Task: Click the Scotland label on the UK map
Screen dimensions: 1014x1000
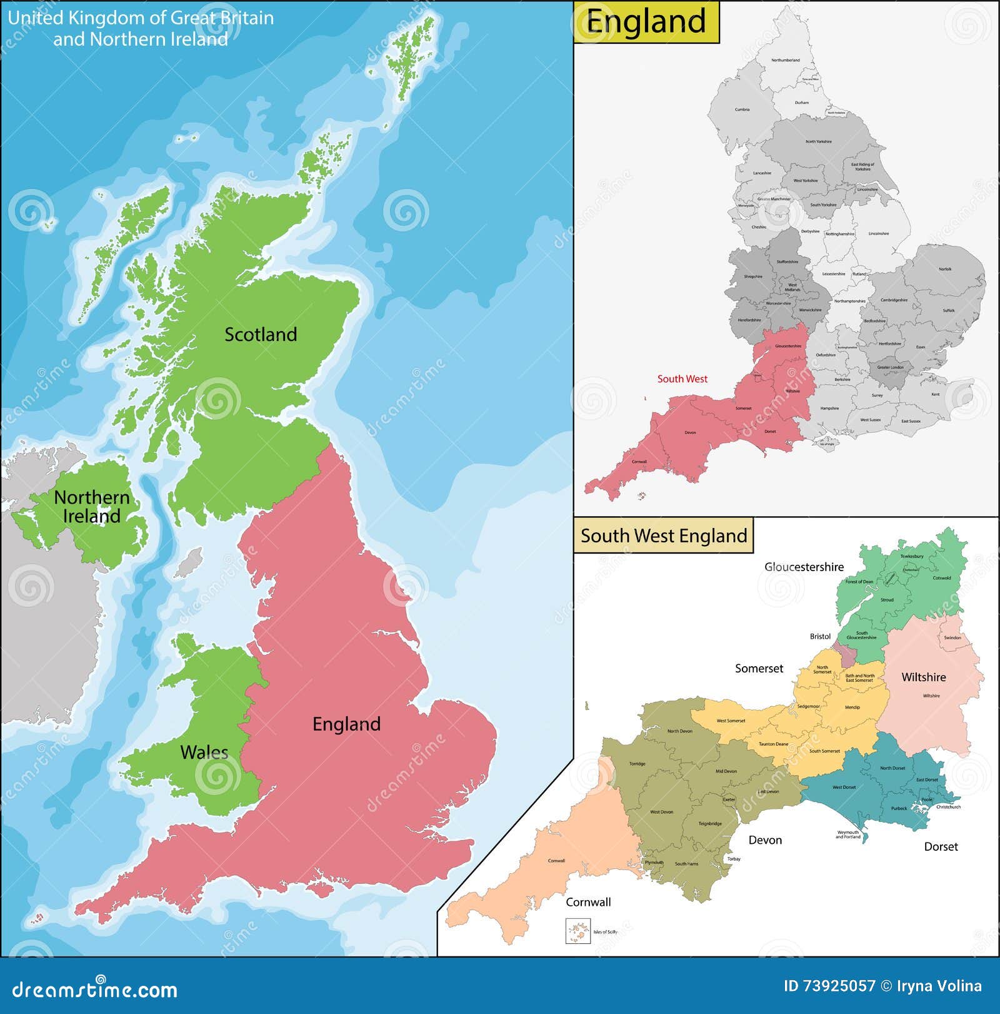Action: point(261,335)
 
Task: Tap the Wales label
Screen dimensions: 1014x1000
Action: point(204,752)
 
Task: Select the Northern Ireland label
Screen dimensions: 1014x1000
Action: point(92,507)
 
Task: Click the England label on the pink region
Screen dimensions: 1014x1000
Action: point(346,724)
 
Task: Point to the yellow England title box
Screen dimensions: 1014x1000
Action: point(646,22)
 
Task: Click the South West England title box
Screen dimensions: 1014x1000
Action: point(663,536)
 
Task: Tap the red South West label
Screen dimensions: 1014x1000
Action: point(682,379)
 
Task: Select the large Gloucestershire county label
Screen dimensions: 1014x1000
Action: point(804,567)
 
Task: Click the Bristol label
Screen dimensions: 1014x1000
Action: point(820,637)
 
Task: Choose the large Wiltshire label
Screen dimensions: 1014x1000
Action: point(923,677)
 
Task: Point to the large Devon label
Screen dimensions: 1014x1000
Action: point(765,840)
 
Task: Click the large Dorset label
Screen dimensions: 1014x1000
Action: point(941,847)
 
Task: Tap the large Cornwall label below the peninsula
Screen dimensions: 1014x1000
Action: point(588,902)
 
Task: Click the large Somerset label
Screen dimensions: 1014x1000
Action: point(759,669)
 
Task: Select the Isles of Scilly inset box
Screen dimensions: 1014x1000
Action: point(577,931)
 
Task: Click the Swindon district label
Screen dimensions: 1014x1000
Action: point(952,638)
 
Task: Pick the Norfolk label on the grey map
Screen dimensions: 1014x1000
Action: point(945,269)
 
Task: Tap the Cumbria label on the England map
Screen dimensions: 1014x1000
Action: point(742,109)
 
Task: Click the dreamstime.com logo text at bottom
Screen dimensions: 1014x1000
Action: point(95,990)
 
